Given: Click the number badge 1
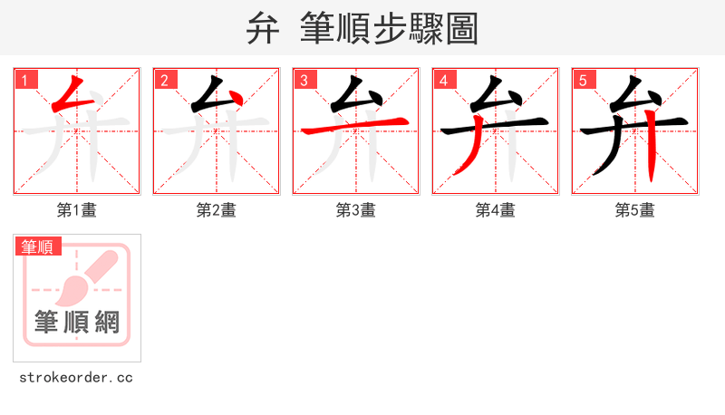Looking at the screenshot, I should pyautogui.click(x=26, y=81).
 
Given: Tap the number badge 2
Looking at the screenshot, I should pyautogui.click(x=165, y=81).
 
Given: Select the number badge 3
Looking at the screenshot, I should pyautogui.click(x=304, y=81).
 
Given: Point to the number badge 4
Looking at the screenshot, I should pyautogui.click(x=444, y=81).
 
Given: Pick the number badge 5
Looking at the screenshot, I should pyautogui.click(x=584, y=81).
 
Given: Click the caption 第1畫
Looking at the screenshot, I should pyautogui.click(x=77, y=210).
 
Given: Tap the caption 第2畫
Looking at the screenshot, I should pyautogui.click(x=217, y=210).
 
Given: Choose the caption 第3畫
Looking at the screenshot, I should pyautogui.click(x=356, y=210).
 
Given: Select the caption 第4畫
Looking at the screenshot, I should pyautogui.click(x=496, y=210).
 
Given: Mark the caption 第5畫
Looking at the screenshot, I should pyautogui.click(x=635, y=210).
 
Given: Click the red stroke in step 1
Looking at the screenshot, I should pyautogui.click(x=65, y=95).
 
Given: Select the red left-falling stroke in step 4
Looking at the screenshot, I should pyautogui.click(x=470, y=155).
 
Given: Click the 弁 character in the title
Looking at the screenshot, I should pyautogui.click(x=263, y=28).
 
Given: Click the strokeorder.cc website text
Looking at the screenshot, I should pyautogui.click(x=76, y=377).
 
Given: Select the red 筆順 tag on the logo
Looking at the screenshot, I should pyautogui.click(x=38, y=246).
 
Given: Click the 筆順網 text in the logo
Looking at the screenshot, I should pyautogui.click(x=77, y=322).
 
